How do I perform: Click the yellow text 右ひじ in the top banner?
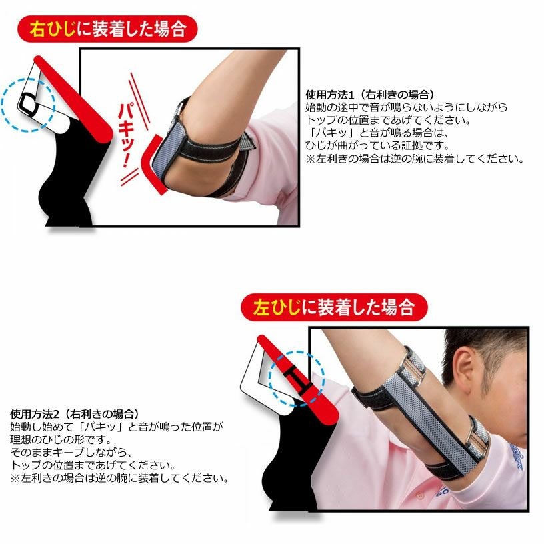tap(53, 29)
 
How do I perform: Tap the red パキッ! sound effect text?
tap(126, 135)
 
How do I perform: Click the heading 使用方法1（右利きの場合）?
tap(370, 95)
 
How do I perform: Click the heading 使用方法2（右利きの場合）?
tap(75, 413)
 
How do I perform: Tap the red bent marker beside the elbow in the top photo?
tap(152, 166)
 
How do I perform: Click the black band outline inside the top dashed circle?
tap(27, 103)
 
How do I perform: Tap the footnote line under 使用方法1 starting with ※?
tap(415, 159)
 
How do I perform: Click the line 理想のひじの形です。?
tap(61, 439)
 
